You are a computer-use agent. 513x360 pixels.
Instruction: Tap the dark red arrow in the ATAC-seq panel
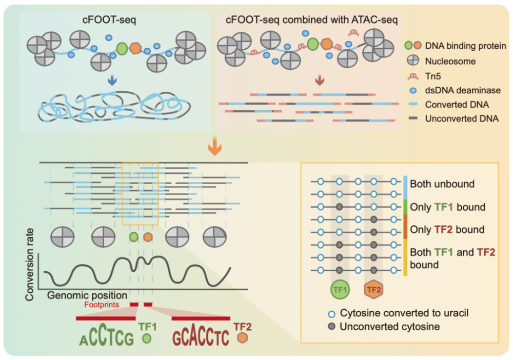point(319,81)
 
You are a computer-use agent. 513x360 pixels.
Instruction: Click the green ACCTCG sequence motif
point(107,336)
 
